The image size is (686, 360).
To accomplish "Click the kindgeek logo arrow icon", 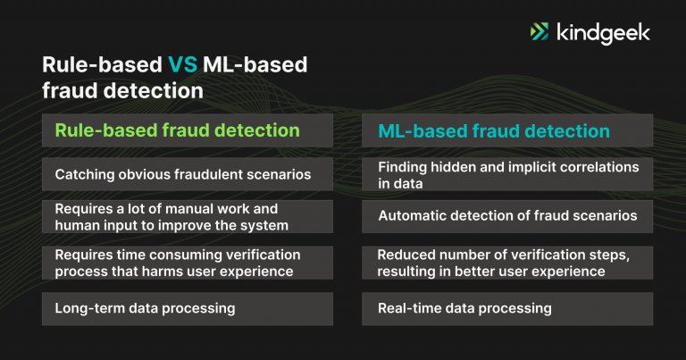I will (540, 32).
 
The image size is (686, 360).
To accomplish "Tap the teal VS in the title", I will (184, 64).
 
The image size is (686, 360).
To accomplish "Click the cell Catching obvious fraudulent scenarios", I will (188, 173).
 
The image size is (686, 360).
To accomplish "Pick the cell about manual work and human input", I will (188, 216).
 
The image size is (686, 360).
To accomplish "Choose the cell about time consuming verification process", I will (188, 263).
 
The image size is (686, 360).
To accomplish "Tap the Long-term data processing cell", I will (188, 308).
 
